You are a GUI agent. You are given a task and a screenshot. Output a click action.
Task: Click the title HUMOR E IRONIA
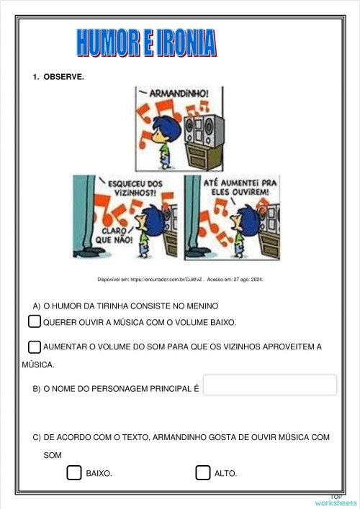[x=146, y=43]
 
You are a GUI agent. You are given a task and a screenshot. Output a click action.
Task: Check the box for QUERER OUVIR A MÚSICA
[x=35, y=321]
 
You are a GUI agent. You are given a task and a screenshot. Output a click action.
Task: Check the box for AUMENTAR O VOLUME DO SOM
[x=35, y=347]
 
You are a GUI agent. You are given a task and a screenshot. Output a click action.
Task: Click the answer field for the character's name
[x=270, y=385]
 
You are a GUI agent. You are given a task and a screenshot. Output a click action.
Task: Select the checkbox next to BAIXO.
[x=73, y=472]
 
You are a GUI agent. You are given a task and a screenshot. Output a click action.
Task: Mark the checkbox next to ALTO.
[x=202, y=472]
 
